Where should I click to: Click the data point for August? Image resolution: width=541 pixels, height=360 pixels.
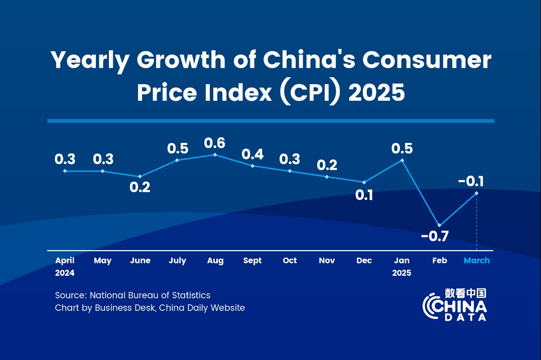215,154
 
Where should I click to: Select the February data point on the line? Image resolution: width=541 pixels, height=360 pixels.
439,225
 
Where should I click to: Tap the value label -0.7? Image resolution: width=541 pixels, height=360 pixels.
435,236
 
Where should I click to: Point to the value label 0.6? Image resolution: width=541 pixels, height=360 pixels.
215,143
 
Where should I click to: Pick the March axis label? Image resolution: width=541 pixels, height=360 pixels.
477,261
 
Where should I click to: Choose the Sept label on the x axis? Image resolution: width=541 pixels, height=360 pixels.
252,261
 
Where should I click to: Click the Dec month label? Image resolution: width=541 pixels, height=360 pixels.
364,261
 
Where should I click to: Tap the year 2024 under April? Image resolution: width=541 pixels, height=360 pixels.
65,273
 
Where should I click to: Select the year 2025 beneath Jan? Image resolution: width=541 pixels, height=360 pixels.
401,273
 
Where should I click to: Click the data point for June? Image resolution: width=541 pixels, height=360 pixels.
140,176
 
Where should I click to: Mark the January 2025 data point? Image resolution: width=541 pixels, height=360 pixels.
402,160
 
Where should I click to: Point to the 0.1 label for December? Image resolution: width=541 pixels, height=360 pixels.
364,196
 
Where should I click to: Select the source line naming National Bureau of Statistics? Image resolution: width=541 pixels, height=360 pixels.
133,295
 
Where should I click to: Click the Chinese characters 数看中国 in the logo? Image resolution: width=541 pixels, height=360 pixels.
466,293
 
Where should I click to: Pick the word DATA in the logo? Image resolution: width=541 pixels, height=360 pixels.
466,317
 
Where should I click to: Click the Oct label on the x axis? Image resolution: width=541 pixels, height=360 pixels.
290,261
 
